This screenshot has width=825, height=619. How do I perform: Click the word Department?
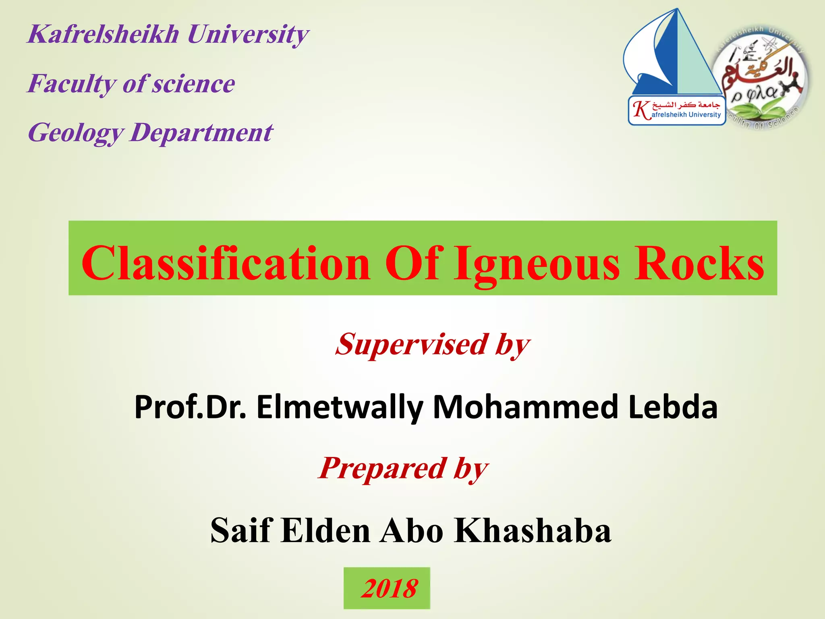[201, 133]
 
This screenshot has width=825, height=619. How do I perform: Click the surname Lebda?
[673, 407]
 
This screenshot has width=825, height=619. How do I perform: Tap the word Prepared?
[383, 468]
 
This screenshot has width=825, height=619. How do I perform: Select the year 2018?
[389, 588]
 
